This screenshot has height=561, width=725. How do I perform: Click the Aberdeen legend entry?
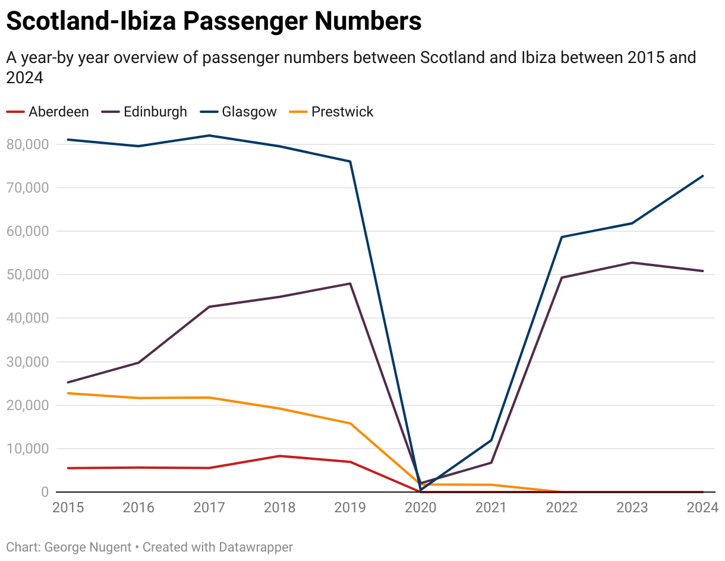(x=58, y=112)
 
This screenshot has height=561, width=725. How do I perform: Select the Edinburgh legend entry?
(x=155, y=112)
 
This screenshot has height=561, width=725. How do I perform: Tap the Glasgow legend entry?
(x=249, y=112)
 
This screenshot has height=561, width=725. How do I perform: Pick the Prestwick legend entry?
(x=342, y=112)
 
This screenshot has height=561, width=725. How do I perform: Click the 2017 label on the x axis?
(x=209, y=508)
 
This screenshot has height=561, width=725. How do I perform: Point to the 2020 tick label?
(x=421, y=508)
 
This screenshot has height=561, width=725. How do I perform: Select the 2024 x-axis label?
(x=703, y=508)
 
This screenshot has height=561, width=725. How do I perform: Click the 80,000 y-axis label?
(x=27, y=144)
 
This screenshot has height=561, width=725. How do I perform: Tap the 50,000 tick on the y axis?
(x=27, y=275)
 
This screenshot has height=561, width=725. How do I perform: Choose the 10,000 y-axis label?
(x=27, y=449)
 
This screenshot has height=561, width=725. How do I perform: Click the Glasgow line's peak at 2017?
(x=209, y=135)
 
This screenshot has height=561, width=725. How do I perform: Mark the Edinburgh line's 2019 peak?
(x=351, y=283)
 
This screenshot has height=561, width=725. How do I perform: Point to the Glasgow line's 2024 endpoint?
(x=703, y=176)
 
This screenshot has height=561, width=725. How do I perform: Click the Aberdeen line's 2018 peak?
(x=279, y=456)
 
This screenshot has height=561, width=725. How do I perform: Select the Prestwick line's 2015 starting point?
(x=68, y=393)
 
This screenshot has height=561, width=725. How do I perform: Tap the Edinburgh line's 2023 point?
(x=632, y=263)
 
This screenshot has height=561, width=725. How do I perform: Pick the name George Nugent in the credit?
(x=89, y=547)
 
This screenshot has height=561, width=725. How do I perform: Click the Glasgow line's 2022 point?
(x=562, y=237)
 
